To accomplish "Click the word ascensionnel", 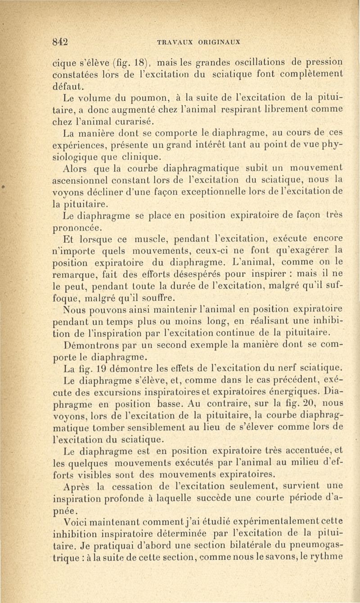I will [x=85, y=179].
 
